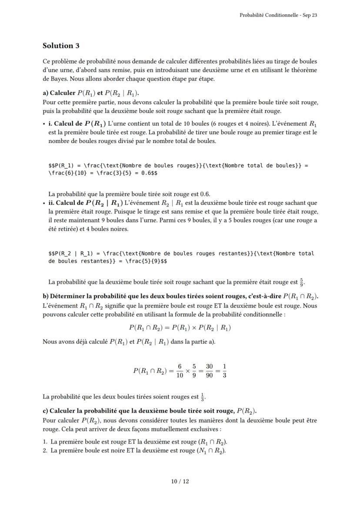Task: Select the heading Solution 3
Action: click(61, 46)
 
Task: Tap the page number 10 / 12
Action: click(180, 481)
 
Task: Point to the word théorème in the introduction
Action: click(305, 70)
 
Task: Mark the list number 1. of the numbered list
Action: click(45, 442)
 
